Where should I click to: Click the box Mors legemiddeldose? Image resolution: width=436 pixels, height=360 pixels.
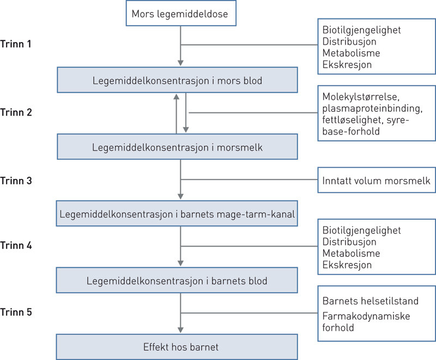180,13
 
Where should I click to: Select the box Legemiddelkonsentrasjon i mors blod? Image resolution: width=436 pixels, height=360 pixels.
177,81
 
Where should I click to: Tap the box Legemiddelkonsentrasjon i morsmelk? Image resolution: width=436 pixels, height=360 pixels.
177,148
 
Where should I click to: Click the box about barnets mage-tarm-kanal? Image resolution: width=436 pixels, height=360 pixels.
177,215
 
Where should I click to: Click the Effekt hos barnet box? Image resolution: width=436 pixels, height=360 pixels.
177,347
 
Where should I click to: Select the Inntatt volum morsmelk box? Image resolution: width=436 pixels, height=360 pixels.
377,181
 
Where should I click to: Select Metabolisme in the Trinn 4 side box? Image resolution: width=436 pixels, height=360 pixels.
351,254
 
